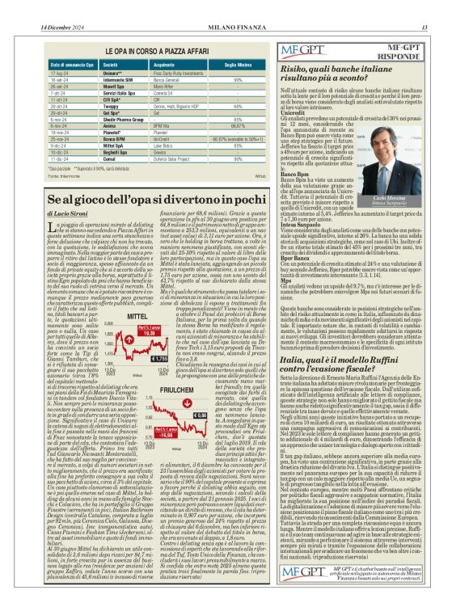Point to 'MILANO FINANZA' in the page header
[x=234, y=7]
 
